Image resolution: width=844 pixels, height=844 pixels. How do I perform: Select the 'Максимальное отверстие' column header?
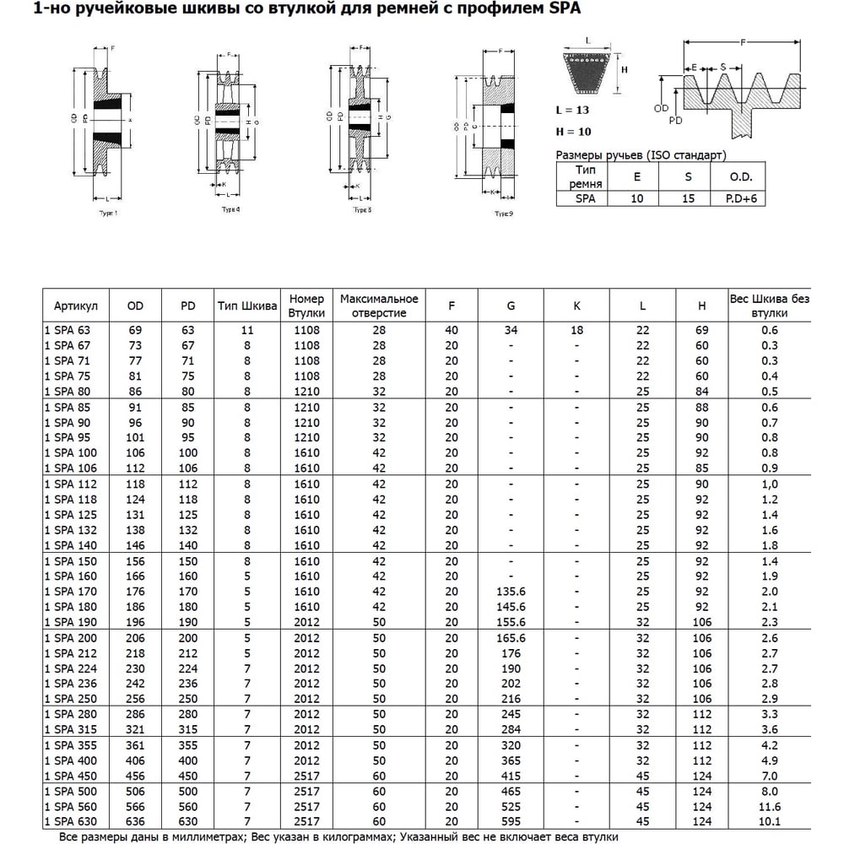(x=379, y=306)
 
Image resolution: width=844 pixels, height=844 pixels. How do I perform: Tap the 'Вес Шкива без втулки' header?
(x=769, y=306)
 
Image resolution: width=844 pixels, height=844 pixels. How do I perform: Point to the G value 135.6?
(x=511, y=592)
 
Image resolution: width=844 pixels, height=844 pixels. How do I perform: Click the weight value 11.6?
(x=769, y=806)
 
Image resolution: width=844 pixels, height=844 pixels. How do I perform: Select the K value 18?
(x=576, y=331)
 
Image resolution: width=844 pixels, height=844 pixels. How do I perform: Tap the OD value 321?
(x=135, y=729)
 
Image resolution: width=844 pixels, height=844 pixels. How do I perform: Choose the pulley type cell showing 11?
(x=247, y=331)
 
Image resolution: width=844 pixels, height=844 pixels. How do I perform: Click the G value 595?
(x=511, y=821)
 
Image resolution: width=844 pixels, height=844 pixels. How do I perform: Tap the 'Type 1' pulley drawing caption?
(x=108, y=213)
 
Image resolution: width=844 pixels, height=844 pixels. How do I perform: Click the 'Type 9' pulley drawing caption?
(x=504, y=214)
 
